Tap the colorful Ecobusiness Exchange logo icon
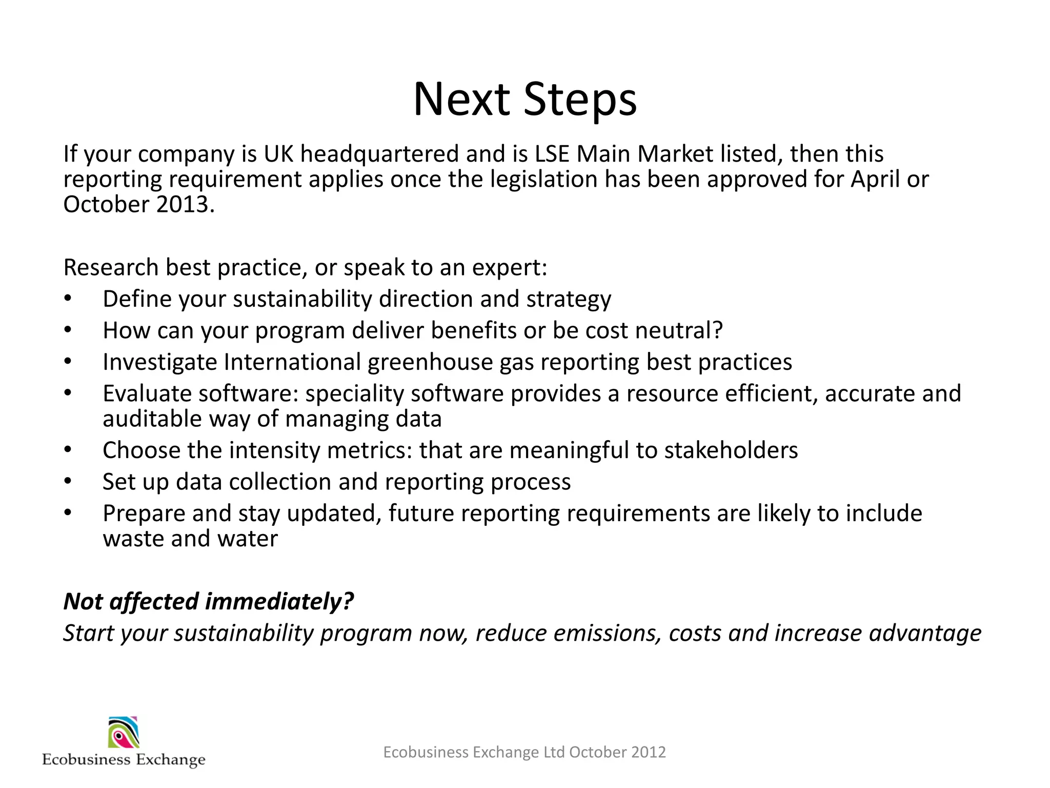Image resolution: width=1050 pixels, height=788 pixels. pos(124,733)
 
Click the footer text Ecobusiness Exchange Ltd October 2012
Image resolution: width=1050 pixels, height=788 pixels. pos(524,752)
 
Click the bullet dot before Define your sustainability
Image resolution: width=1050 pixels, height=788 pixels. pos(68,299)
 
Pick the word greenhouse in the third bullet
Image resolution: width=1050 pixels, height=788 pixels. pos(430,362)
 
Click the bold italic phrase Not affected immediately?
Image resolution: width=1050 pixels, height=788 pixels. pos(209,601)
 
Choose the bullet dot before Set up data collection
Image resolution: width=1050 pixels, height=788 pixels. pos(68,482)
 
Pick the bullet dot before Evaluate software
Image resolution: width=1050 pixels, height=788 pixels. pos(68,393)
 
